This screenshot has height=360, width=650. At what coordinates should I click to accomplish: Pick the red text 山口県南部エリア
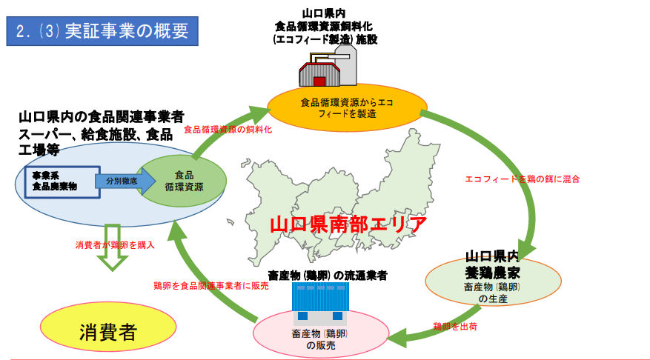click(x=348, y=224)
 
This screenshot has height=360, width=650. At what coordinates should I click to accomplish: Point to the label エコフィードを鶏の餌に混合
click(x=522, y=179)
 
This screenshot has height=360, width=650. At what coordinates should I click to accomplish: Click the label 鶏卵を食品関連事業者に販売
click(x=210, y=285)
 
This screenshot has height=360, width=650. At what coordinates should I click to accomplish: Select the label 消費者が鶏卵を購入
click(x=115, y=244)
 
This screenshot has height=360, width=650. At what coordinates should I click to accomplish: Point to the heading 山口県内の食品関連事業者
click(x=101, y=117)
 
